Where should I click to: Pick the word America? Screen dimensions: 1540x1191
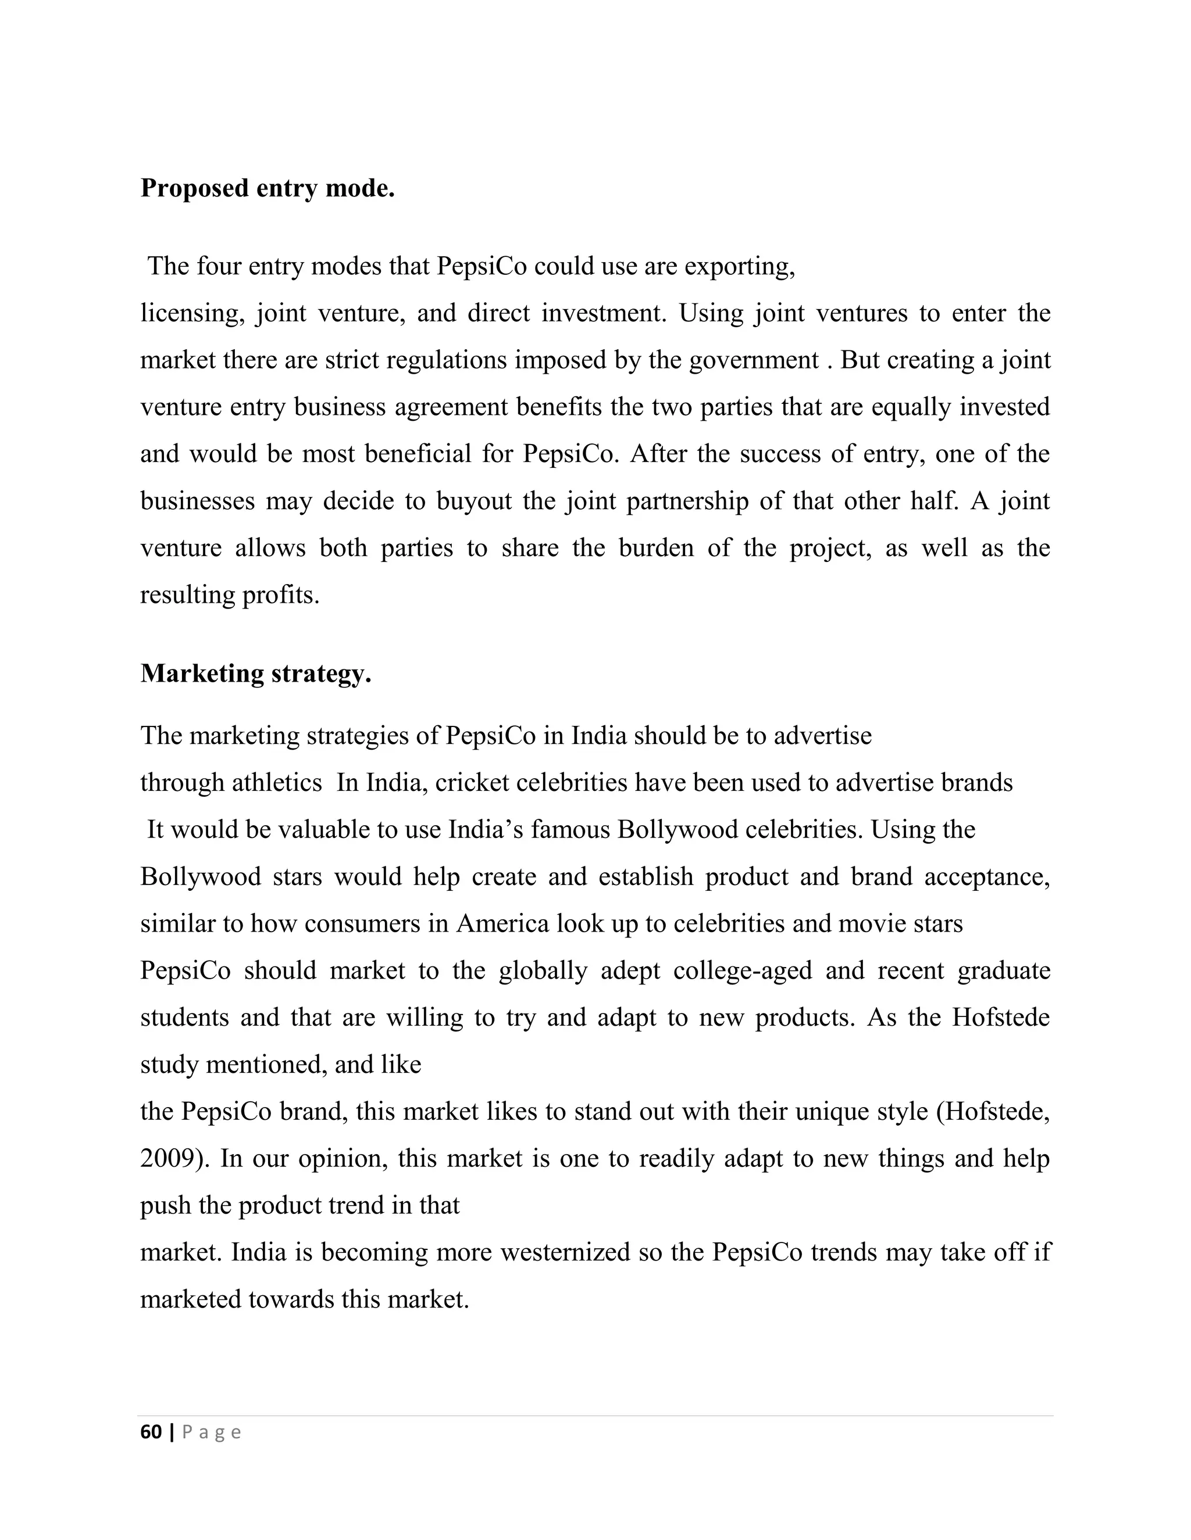[x=502, y=924]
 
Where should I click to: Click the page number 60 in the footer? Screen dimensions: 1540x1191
[x=151, y=1432]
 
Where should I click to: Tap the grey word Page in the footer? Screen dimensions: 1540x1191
[x=212, y=1432]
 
